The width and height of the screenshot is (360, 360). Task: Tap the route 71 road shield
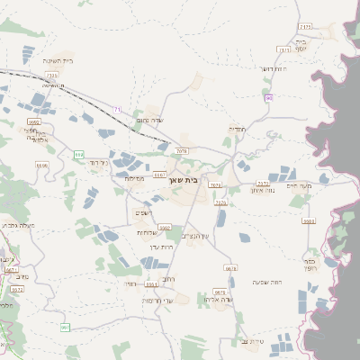(117, 110)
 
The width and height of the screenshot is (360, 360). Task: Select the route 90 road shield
(268, 97)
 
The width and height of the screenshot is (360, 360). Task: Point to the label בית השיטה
(58, 60)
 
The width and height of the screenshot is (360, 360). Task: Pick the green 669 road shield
(79, 155)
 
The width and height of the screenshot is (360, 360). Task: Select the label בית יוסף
(301, 45)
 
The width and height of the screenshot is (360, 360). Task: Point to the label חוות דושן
(273, 68)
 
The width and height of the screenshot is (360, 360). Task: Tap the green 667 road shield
(65, 327)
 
